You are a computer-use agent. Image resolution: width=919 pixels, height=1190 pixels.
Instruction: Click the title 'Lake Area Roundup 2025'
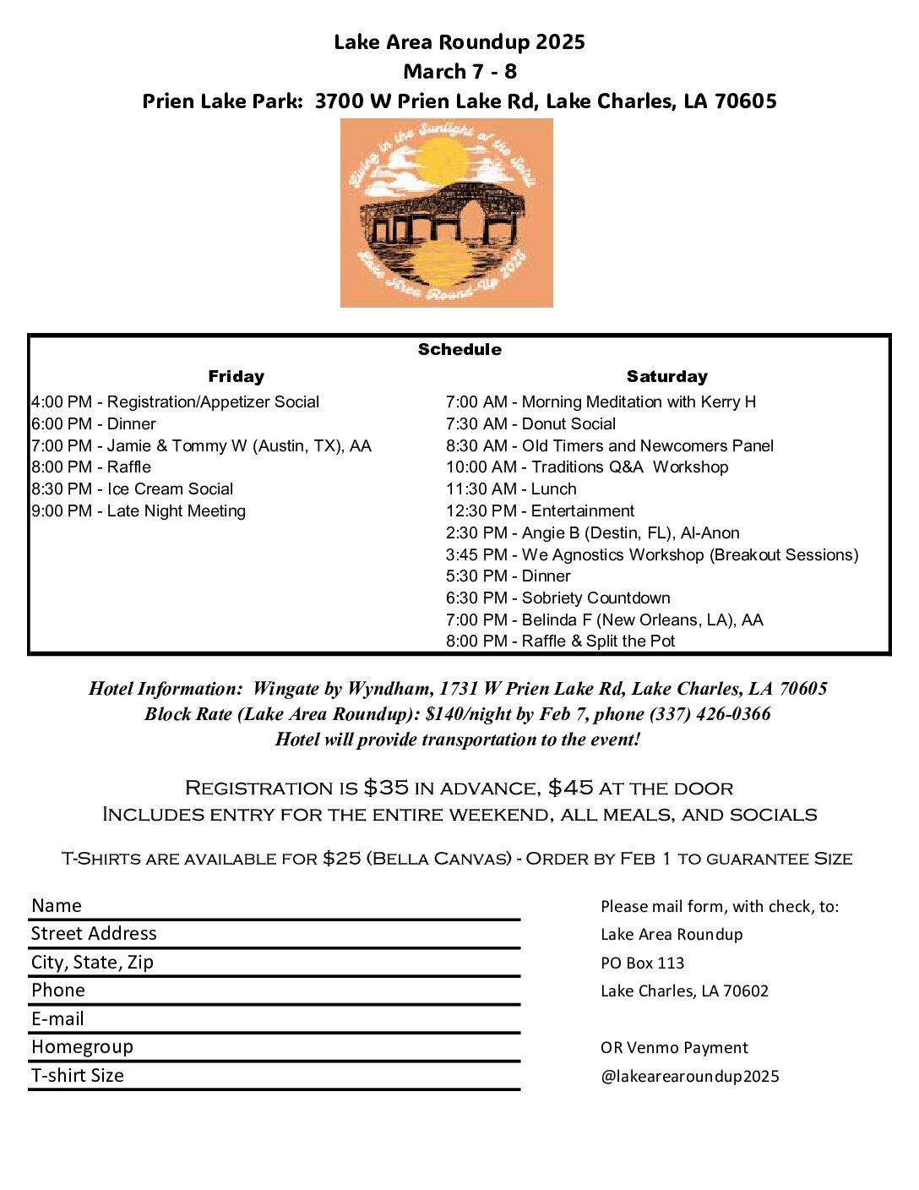(459, 42)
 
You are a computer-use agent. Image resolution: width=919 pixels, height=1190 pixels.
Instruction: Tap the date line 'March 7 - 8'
(459, 72)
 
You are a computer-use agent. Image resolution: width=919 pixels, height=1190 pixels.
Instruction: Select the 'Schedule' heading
(459, 350)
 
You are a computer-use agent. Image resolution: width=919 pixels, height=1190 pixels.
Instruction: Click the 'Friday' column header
(236, 377)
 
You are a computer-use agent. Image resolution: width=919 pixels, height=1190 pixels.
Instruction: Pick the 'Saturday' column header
(666, 377)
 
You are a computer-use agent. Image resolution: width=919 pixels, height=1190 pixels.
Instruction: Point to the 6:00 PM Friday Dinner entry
(94, 424)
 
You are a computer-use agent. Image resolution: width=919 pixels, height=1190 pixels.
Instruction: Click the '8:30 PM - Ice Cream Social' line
(133, 489)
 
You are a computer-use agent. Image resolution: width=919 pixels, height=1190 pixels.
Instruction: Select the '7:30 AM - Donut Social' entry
(530, 424)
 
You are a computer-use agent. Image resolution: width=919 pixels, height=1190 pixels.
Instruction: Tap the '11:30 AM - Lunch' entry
(511, 489)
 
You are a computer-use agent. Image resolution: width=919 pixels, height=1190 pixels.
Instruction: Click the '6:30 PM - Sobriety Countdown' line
(557, 598)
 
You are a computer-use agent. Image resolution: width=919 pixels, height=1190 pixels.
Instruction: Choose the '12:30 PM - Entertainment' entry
(540, 511)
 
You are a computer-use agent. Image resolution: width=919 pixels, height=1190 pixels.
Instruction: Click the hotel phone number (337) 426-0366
(710, 714)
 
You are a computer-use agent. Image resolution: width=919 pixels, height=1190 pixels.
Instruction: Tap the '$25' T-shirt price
(341, 859)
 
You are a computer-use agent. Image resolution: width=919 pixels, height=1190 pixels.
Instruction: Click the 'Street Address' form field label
(94, 934)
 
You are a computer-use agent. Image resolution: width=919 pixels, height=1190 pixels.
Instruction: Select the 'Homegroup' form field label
(82, 1047)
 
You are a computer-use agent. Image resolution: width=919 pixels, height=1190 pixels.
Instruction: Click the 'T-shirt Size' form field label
(78, 1076)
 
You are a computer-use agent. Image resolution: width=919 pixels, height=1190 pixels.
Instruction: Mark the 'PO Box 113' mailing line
(642, 963)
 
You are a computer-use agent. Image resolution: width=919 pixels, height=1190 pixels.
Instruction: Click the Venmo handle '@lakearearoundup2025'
(689, 1077)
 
